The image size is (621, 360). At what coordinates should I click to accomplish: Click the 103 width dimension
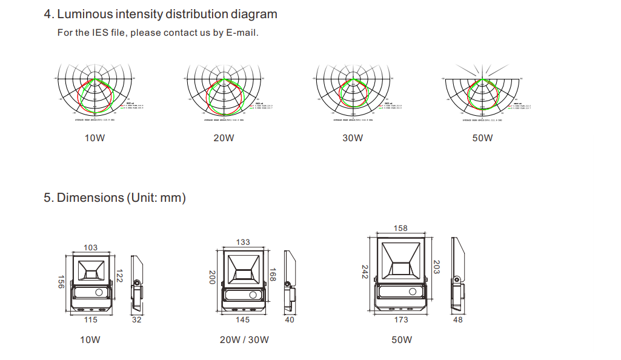point(90,247)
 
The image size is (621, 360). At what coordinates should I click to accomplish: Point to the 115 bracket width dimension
point(90,320)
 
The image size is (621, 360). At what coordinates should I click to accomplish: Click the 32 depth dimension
point(136,320)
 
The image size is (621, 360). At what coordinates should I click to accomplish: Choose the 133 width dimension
point(243,242)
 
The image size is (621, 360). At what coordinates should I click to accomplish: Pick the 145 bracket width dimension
point(243,320)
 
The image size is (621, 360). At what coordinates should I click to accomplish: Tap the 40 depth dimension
point(290,320)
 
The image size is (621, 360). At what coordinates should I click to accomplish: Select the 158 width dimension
point(400,228)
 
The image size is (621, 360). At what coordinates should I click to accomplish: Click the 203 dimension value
point(437,267)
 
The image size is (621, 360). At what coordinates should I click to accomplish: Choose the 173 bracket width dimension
point(400,320)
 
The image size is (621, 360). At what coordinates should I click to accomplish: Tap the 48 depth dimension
point(458,320)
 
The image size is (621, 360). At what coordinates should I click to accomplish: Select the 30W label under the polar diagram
point(353,138)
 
